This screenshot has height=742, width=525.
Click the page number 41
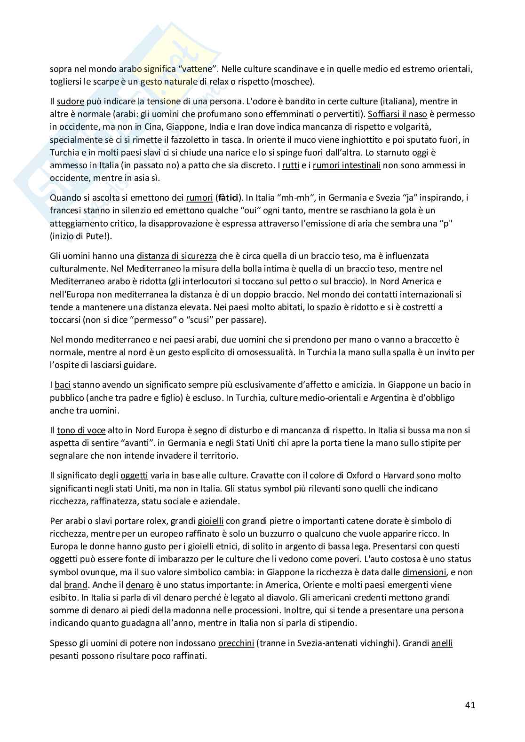[x=469, y=705]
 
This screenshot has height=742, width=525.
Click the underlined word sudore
[x=71, y=102]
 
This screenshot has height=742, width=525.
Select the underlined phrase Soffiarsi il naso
[x=398, y=114]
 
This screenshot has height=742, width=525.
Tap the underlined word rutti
[x=291, y=165]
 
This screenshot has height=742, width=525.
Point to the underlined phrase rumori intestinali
[x=347, y=165]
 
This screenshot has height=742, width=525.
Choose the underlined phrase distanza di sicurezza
[x=177, y=256]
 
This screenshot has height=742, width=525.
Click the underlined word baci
[x=62, y=385]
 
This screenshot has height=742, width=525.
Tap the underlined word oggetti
[x=134, y=476]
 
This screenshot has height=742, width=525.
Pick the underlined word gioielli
[x=211, y=521]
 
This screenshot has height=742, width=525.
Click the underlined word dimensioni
[x=424, y=572]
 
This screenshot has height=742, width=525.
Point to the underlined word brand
[x=76, y=585]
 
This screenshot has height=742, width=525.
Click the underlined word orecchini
[x=236, y=643]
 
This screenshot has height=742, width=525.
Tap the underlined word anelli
[x=442, y=643]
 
